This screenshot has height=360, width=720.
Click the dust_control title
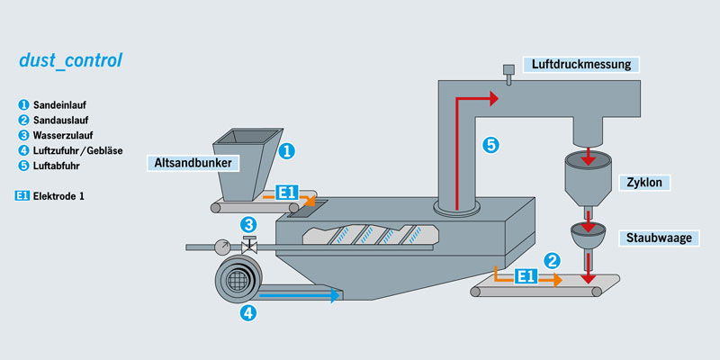70,62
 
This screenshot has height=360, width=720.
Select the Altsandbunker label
194,164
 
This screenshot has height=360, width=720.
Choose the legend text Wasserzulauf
63,135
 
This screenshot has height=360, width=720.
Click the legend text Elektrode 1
64,194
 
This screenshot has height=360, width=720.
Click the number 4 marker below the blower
248,313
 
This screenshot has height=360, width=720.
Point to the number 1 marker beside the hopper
285,151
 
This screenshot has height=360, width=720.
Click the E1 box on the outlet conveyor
526,278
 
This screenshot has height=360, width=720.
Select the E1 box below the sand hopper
287,193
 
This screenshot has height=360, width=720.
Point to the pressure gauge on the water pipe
220,245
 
